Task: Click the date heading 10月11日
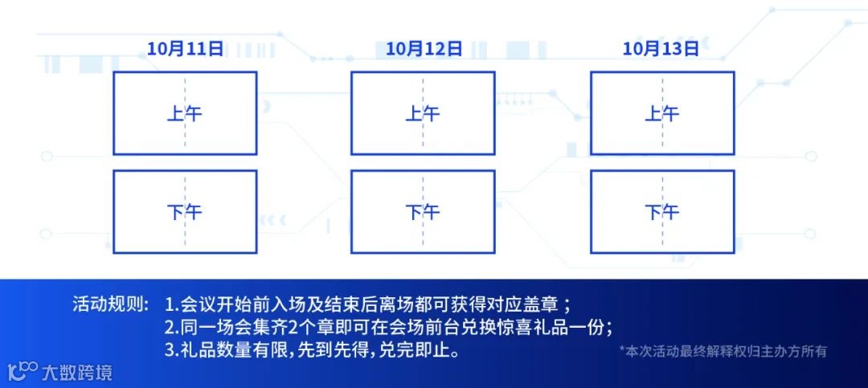coord(185,49)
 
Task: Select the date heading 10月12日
coord(424,49)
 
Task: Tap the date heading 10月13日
coord(661,49)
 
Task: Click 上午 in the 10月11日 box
coord(184,113)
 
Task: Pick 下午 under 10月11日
coord(184,212)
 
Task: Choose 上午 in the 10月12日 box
coord(423,113)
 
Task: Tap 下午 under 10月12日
coord(423,212)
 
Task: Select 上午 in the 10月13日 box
coord(661,113)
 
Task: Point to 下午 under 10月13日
coord(661,212)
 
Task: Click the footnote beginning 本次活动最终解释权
coord(723,351)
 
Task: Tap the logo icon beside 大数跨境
coord(23,371)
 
